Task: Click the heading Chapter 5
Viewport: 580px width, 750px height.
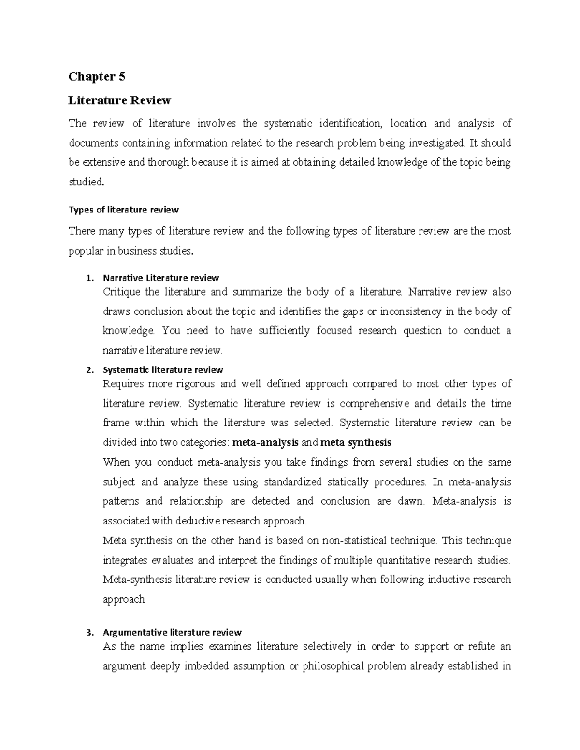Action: [97, 77]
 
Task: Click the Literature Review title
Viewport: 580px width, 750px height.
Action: [119, 100]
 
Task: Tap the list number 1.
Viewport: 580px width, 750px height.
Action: [88, 278]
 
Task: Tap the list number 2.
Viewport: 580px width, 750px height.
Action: [88, 370]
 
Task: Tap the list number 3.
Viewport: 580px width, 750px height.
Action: [88, 633]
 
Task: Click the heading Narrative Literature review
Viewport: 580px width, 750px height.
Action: [161, 278]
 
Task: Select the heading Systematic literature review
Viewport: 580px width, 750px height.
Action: [163, 370]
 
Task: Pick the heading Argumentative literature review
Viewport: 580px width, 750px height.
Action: [172, 633]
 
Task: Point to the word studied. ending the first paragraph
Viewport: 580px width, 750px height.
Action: [86, 183]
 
